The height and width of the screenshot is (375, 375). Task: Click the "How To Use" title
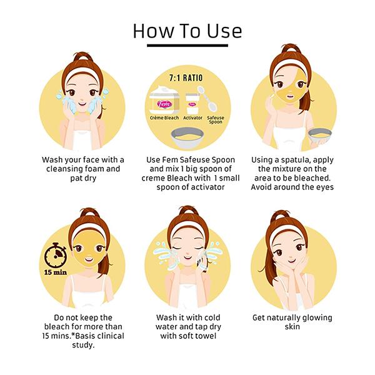187,31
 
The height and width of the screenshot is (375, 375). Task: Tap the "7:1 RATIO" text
186,77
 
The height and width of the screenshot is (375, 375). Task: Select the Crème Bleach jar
164,100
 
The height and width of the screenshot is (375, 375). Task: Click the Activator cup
192,104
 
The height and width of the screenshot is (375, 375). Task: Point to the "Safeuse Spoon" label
216,119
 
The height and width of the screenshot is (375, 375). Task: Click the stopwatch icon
56,255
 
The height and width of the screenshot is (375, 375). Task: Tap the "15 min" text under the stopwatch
56,272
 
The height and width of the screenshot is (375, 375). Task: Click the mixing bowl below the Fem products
187,137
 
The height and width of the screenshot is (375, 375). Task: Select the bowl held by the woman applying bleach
319,136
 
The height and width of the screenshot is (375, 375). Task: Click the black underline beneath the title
187,45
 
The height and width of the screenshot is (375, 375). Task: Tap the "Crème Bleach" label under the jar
164,117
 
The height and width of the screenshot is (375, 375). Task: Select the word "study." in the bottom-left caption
83,346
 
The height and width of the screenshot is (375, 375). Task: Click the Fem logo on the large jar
164,104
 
